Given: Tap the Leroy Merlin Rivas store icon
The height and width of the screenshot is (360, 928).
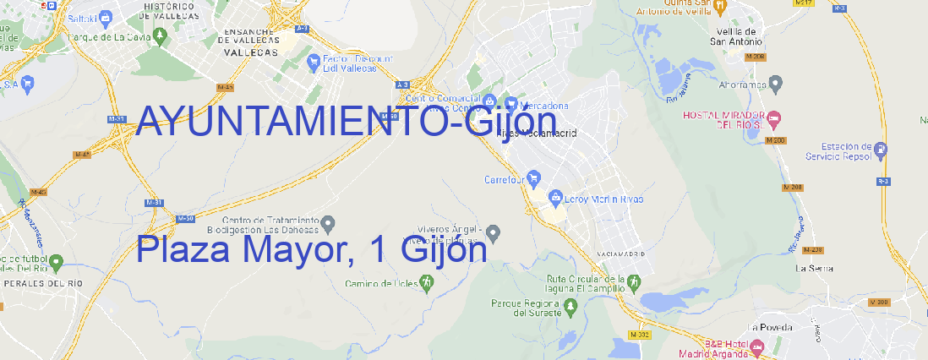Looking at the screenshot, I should (555, 199).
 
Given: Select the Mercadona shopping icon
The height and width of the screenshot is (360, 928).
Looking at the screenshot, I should (511, 104).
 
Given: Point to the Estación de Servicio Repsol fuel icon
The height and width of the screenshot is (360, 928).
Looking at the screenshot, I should (881, 150).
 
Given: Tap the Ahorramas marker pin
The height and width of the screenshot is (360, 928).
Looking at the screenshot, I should (777, 84).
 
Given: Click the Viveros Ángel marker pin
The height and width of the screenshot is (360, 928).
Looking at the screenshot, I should (494, 232).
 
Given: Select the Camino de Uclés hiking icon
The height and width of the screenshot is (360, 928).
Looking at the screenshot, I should (425, 283).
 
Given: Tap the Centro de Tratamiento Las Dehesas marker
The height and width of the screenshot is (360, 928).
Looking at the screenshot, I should (329, 223).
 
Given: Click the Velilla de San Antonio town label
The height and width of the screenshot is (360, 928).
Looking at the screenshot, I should (734, 36).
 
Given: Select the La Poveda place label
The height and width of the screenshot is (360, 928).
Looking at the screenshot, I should (770, 327).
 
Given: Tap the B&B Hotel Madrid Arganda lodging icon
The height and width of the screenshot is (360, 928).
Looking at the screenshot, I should (757, 346).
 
